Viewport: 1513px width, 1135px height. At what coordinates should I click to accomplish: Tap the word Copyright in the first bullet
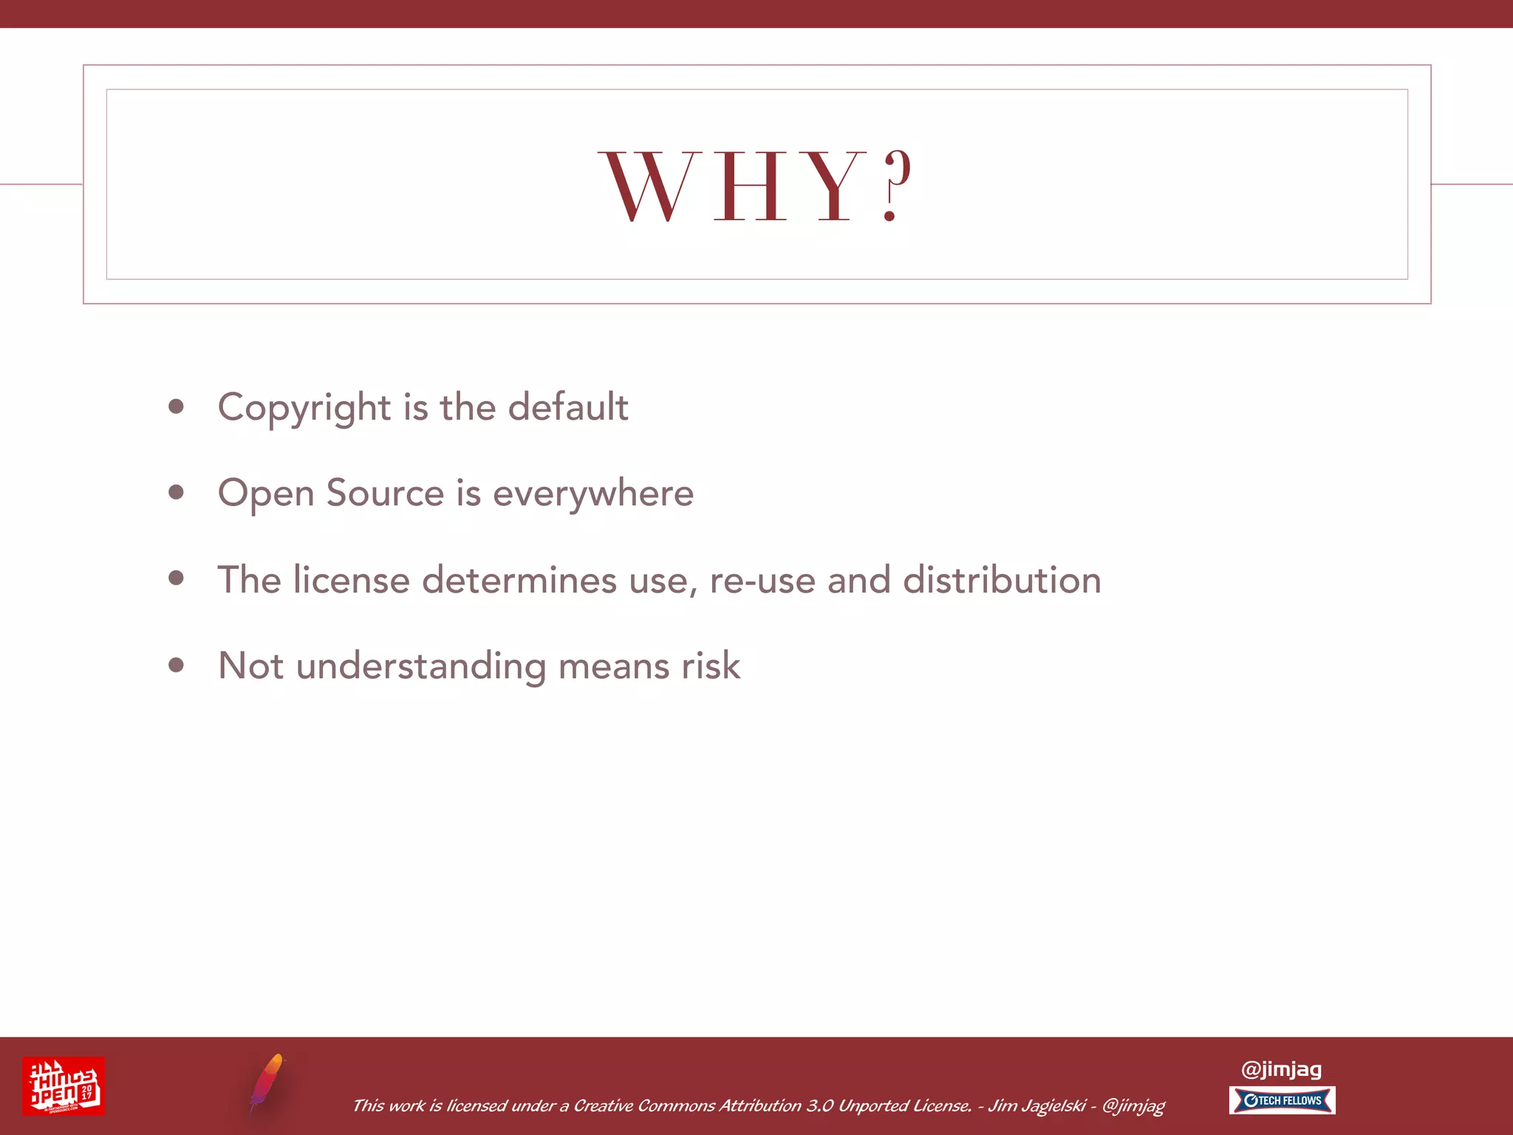click(304, 408)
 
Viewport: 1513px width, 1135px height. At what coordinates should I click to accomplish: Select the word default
click(568, 407)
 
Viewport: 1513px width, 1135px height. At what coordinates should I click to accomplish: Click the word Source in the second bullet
click(385, 493)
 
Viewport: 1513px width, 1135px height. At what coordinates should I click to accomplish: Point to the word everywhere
click(593, 494)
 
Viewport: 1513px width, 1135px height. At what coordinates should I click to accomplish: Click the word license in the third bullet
click(352, 579)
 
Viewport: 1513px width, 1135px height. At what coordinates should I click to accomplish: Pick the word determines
click(519, 579)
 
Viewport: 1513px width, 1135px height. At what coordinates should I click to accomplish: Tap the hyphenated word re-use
click(762, 581)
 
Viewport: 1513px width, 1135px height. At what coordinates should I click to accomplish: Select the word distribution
click(1002, 579)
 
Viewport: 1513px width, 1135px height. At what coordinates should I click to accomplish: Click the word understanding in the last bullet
click(421, 667)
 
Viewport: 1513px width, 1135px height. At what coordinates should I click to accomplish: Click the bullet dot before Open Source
click(176, 492)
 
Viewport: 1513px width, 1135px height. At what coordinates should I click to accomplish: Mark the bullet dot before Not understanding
click(176, 665)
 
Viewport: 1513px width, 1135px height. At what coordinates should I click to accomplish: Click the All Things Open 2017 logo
click(64, 1085)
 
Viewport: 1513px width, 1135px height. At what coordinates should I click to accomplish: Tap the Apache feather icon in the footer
click(266, 1083)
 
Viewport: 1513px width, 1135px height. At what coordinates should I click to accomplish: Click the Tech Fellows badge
click(1282, 1100)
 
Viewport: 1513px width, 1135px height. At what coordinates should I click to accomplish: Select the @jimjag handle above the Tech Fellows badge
click(1281, 1069)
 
